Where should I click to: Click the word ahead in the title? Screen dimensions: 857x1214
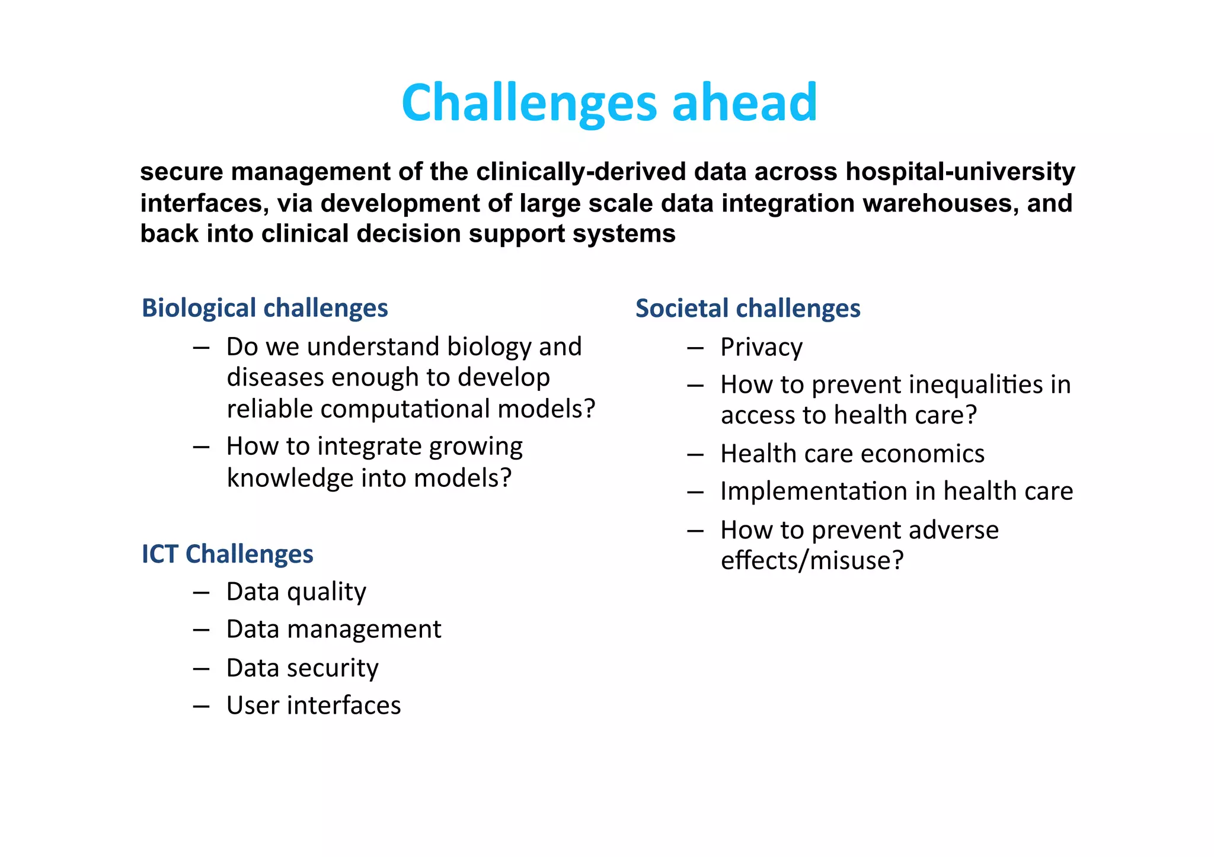(x=745, y=103)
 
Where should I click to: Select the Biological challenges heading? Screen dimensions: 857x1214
(x=264, y=309)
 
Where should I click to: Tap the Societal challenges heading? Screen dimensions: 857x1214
(x=747, y=309)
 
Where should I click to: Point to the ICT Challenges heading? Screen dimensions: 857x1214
(x=227, y=554)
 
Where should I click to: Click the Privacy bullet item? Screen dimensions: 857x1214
(x=761, y=348)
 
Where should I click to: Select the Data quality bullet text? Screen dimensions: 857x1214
(x=296, y=592)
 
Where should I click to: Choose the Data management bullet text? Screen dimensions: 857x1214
(x=334, y=629)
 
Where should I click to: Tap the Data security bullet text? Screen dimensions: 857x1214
(x=302, y=668)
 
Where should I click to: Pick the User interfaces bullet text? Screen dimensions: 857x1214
(x=314, y=705)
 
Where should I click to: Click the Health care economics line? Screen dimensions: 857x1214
(x=852, y=454)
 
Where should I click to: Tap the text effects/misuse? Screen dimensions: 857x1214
(x=812, y=560)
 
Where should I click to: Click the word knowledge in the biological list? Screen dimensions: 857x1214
(x=290, y=478)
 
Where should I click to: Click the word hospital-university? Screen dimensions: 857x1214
(x=960, y=172)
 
